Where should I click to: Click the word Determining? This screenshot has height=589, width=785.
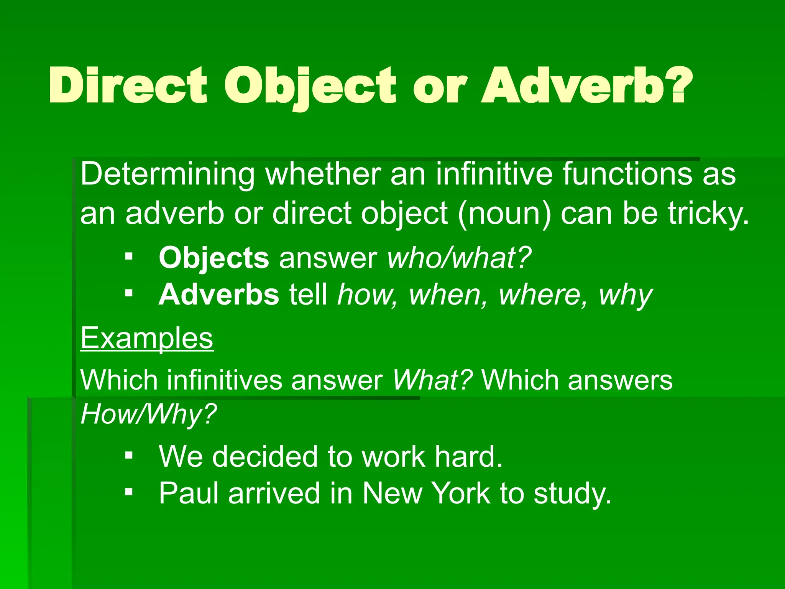click(168, 175)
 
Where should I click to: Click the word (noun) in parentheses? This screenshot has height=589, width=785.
click(504, 214)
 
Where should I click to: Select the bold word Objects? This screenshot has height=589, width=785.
click(214, 258)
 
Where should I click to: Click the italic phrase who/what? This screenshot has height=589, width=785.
click(460, 258)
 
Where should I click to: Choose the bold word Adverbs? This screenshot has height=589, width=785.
click(219, 295)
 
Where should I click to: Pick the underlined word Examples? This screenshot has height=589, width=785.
click(147, 338)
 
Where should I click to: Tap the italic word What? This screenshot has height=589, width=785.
click(432, 380)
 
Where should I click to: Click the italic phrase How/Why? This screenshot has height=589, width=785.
click(149, 414)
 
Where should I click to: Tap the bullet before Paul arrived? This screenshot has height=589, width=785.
click(129, 491)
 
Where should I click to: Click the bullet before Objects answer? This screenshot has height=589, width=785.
click(129, 256)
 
